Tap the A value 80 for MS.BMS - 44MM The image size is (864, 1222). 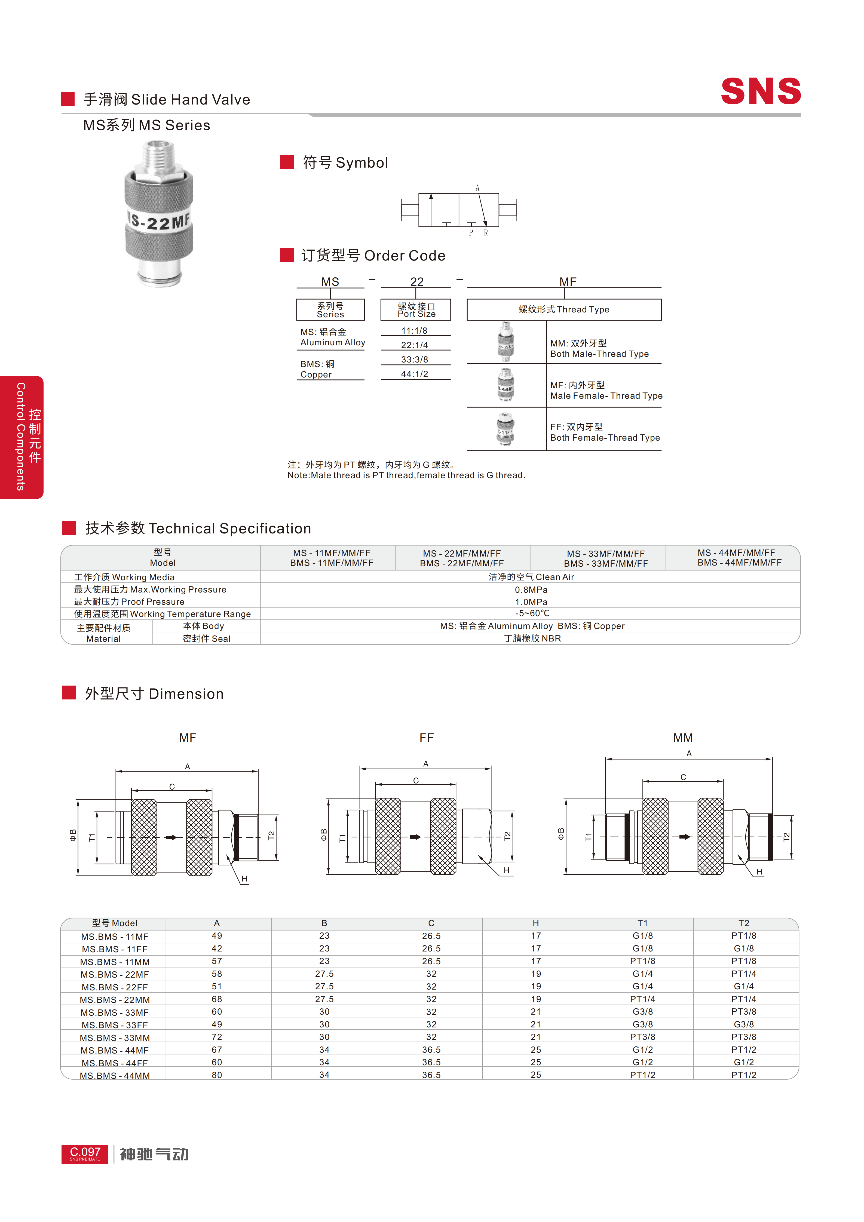tap(217, 1074)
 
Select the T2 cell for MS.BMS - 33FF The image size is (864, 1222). tap(744, 1024)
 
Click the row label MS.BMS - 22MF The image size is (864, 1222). tap(114, 974)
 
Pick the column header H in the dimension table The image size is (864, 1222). tap(535, 923)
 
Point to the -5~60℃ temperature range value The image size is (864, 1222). tap(532, 613)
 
